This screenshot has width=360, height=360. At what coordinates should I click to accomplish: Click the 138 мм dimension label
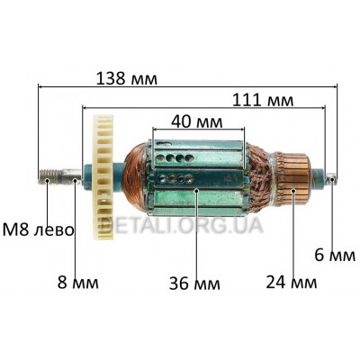pos(126,78)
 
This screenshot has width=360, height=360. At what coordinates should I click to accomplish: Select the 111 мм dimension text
pos(263,100)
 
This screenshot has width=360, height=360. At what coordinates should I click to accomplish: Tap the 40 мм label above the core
pos(197,121)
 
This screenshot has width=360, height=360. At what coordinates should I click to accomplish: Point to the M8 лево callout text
pos(38,230)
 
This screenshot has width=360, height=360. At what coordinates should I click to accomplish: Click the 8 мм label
pos(77,283)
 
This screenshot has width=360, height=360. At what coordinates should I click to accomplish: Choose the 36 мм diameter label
pos(194,283)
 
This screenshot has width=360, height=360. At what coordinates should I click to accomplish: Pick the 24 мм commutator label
pos(292,282)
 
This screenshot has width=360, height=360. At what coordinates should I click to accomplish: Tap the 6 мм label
pos(335,256)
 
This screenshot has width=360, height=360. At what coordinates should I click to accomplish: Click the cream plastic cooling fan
pos(103,177)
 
